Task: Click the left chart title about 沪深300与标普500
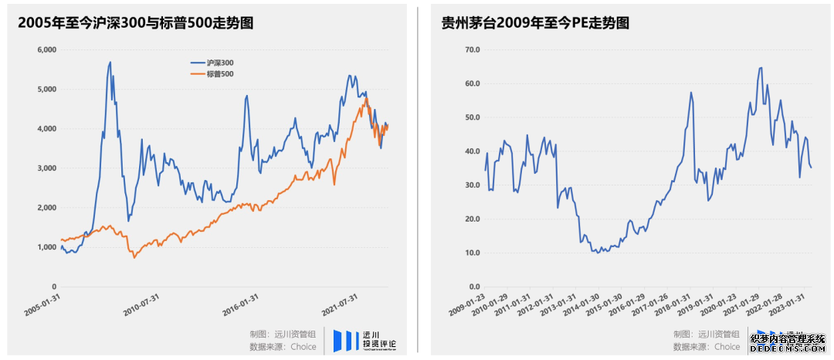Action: pyautogui.click(x=137, y=23)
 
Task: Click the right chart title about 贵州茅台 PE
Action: pyautogui.click(x=534, y=23)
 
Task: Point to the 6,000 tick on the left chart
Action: pyautogui.click(x=47, y=49)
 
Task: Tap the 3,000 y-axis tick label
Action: pyautogui.click(x=47, y=168)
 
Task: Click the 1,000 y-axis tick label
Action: pyautogui.click(x=47, y=247)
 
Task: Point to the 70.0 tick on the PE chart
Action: pyautogui.click(x=470, y=49)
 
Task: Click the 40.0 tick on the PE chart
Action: pyautogui.click(x=470, y=151)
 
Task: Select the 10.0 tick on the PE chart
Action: pyautogui.click(x=470, y=253)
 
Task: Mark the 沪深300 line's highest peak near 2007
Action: pyautogui.click(x=110, y=62)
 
